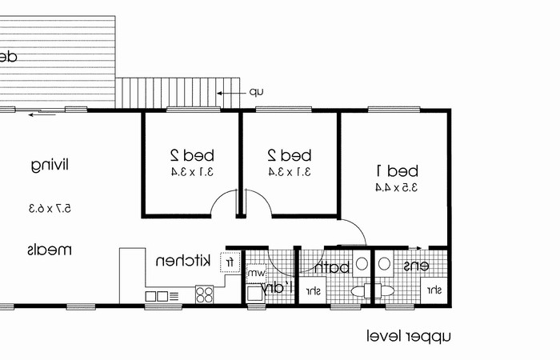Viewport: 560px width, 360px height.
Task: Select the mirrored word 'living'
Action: tap(50, 166)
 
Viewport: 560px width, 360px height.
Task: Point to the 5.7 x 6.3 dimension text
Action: tap(50, 208)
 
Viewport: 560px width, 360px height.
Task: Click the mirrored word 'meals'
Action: tap(50, 250)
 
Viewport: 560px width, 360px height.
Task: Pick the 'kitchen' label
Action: tap(182, 261)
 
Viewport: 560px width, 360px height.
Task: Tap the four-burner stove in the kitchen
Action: tap(205, 294)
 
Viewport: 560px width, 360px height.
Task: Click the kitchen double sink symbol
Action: tap(158, 296)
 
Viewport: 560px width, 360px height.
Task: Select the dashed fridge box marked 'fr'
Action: tap(230, 262)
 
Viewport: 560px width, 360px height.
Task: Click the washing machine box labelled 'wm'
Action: tap(255, 274)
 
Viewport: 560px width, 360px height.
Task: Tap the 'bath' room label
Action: tap(332, 268)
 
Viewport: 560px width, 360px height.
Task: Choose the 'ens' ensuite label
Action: tap(415, 266)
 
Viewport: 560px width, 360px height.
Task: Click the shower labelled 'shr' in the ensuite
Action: tap(435, 290)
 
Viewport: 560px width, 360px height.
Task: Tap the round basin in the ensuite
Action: tap(383, 263)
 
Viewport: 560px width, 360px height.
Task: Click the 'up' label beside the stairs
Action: tap(255, 92)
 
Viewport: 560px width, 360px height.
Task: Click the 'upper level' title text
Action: tap(409, 336)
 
